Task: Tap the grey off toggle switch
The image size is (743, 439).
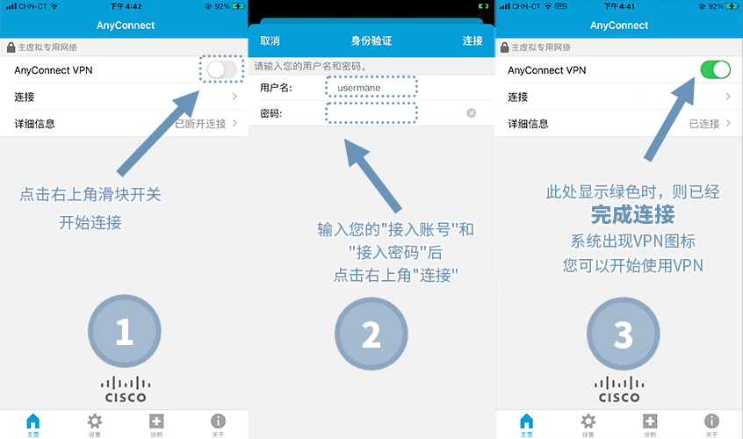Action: [x=222, y=70]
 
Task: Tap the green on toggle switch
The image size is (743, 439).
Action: [x=716, y=69]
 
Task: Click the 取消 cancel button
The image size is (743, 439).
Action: [x=271, y=40]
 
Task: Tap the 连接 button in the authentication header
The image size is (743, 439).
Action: [x=472, y=40]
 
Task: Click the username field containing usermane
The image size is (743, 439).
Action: [x=371, y=87]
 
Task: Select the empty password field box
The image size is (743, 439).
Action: [x=371, y=113]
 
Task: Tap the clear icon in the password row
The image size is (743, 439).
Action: [x=471, y=112]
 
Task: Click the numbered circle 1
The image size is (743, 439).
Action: [x=124, y=332]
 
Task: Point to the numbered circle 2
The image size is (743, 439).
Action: [x=371, y=334]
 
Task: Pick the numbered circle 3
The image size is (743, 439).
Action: [x=623, y=334]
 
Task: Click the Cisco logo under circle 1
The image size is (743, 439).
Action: [x=126, y=389]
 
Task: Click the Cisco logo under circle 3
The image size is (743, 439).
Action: [x=619, y=389]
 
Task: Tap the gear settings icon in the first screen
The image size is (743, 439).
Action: [x=94, y=421]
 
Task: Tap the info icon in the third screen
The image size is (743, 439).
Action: [x=711, y=421]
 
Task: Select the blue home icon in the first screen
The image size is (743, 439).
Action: [x=33, y=421]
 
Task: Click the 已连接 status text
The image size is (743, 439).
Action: [x=704, y=124]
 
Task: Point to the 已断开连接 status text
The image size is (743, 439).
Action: [x=200, y=124]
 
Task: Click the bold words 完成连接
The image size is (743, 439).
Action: [x=632, y=214]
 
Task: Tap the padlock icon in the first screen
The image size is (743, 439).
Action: [x=11, y=47]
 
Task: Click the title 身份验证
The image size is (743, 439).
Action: [x=371, y=40]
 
